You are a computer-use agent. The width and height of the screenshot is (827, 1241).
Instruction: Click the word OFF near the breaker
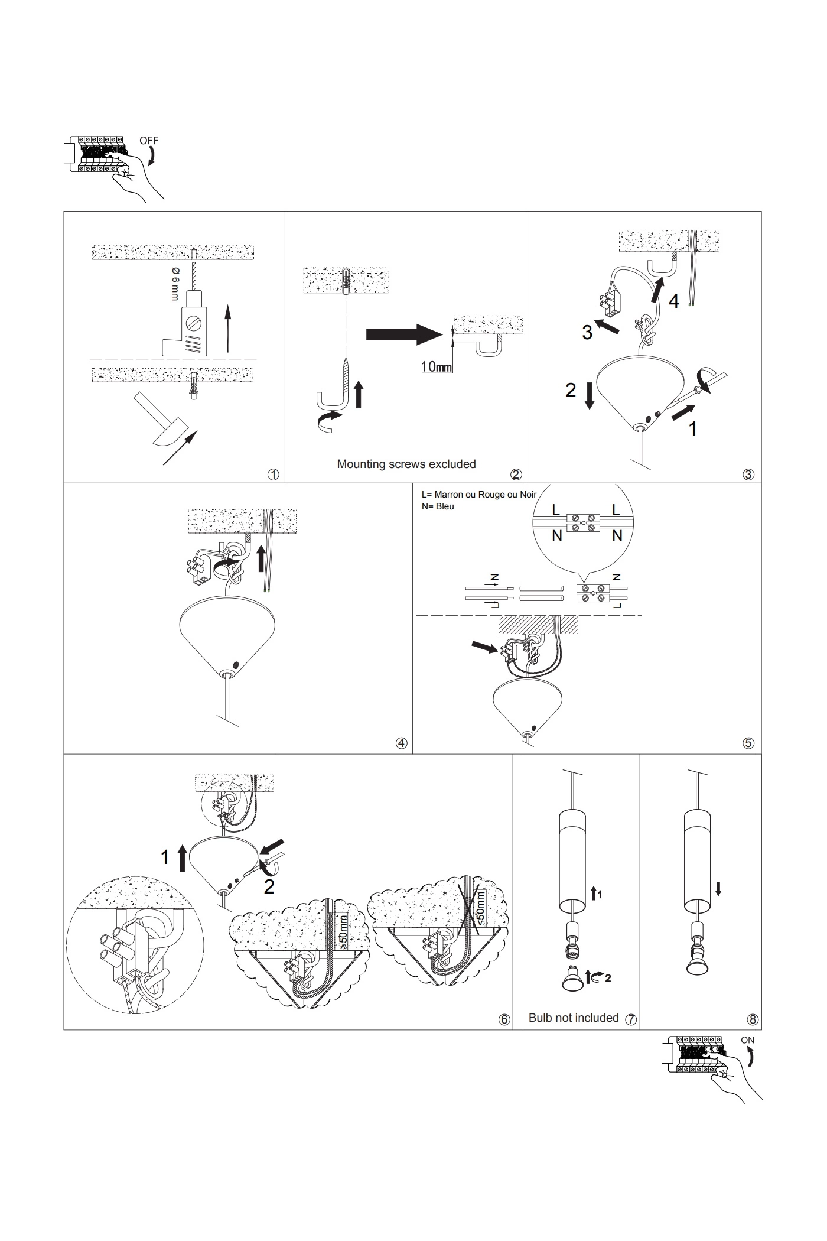(149, 141)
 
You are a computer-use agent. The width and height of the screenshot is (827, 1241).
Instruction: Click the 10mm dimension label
(437, 367)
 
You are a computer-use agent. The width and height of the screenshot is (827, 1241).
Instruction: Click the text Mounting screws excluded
(406, 464)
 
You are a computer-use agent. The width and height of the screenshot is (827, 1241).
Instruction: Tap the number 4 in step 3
(673, 301)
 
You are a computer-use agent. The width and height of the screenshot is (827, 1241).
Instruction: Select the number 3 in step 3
(587, 332)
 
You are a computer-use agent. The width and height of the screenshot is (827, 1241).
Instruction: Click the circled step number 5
(748, 743)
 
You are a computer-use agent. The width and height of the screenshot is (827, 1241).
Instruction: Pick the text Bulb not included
(574, 1018)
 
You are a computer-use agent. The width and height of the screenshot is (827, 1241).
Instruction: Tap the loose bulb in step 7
(572, 981)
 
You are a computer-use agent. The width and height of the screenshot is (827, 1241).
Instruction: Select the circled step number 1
(273, 475)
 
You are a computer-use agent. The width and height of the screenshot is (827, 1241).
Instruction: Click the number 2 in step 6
(269, 886)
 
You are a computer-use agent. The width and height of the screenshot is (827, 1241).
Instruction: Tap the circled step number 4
(401, 743)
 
